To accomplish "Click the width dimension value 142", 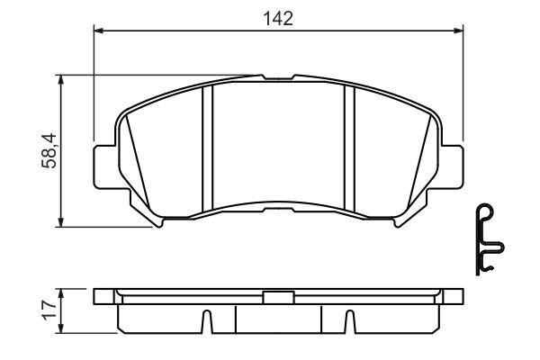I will [x=279, y=18].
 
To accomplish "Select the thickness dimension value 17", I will [x=50, y=310].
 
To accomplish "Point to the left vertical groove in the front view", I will [x=206, y=144].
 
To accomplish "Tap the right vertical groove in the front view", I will [x=350, y=144].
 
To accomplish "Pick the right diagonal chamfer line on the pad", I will [x=424, y=162].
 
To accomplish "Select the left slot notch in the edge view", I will [x=207, y=321].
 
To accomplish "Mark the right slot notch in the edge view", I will [x=349, y=321].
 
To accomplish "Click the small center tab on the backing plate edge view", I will [x=277, y=296].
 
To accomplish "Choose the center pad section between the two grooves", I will [x=278, y=144].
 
